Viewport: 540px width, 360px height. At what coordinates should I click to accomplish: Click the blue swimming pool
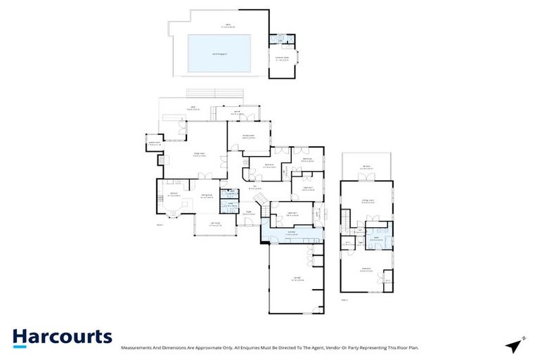pyautogui.click(x=219, y=54)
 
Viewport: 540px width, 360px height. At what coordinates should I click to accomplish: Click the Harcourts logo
pyautogui.click(x=62, y=337)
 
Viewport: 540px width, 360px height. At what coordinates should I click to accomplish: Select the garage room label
pyautogui.click(x=296, y=280)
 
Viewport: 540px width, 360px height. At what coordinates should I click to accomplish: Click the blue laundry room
pyautogui.click(x=291, y=234)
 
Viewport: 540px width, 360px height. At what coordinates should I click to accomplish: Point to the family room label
pyautogui.click(x=247, y=137)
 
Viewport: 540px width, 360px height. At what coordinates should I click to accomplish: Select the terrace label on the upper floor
pyautogui.click(x=366, y=167)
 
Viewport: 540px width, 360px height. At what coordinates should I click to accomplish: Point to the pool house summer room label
pyautogui.click(x=283, y=59)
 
